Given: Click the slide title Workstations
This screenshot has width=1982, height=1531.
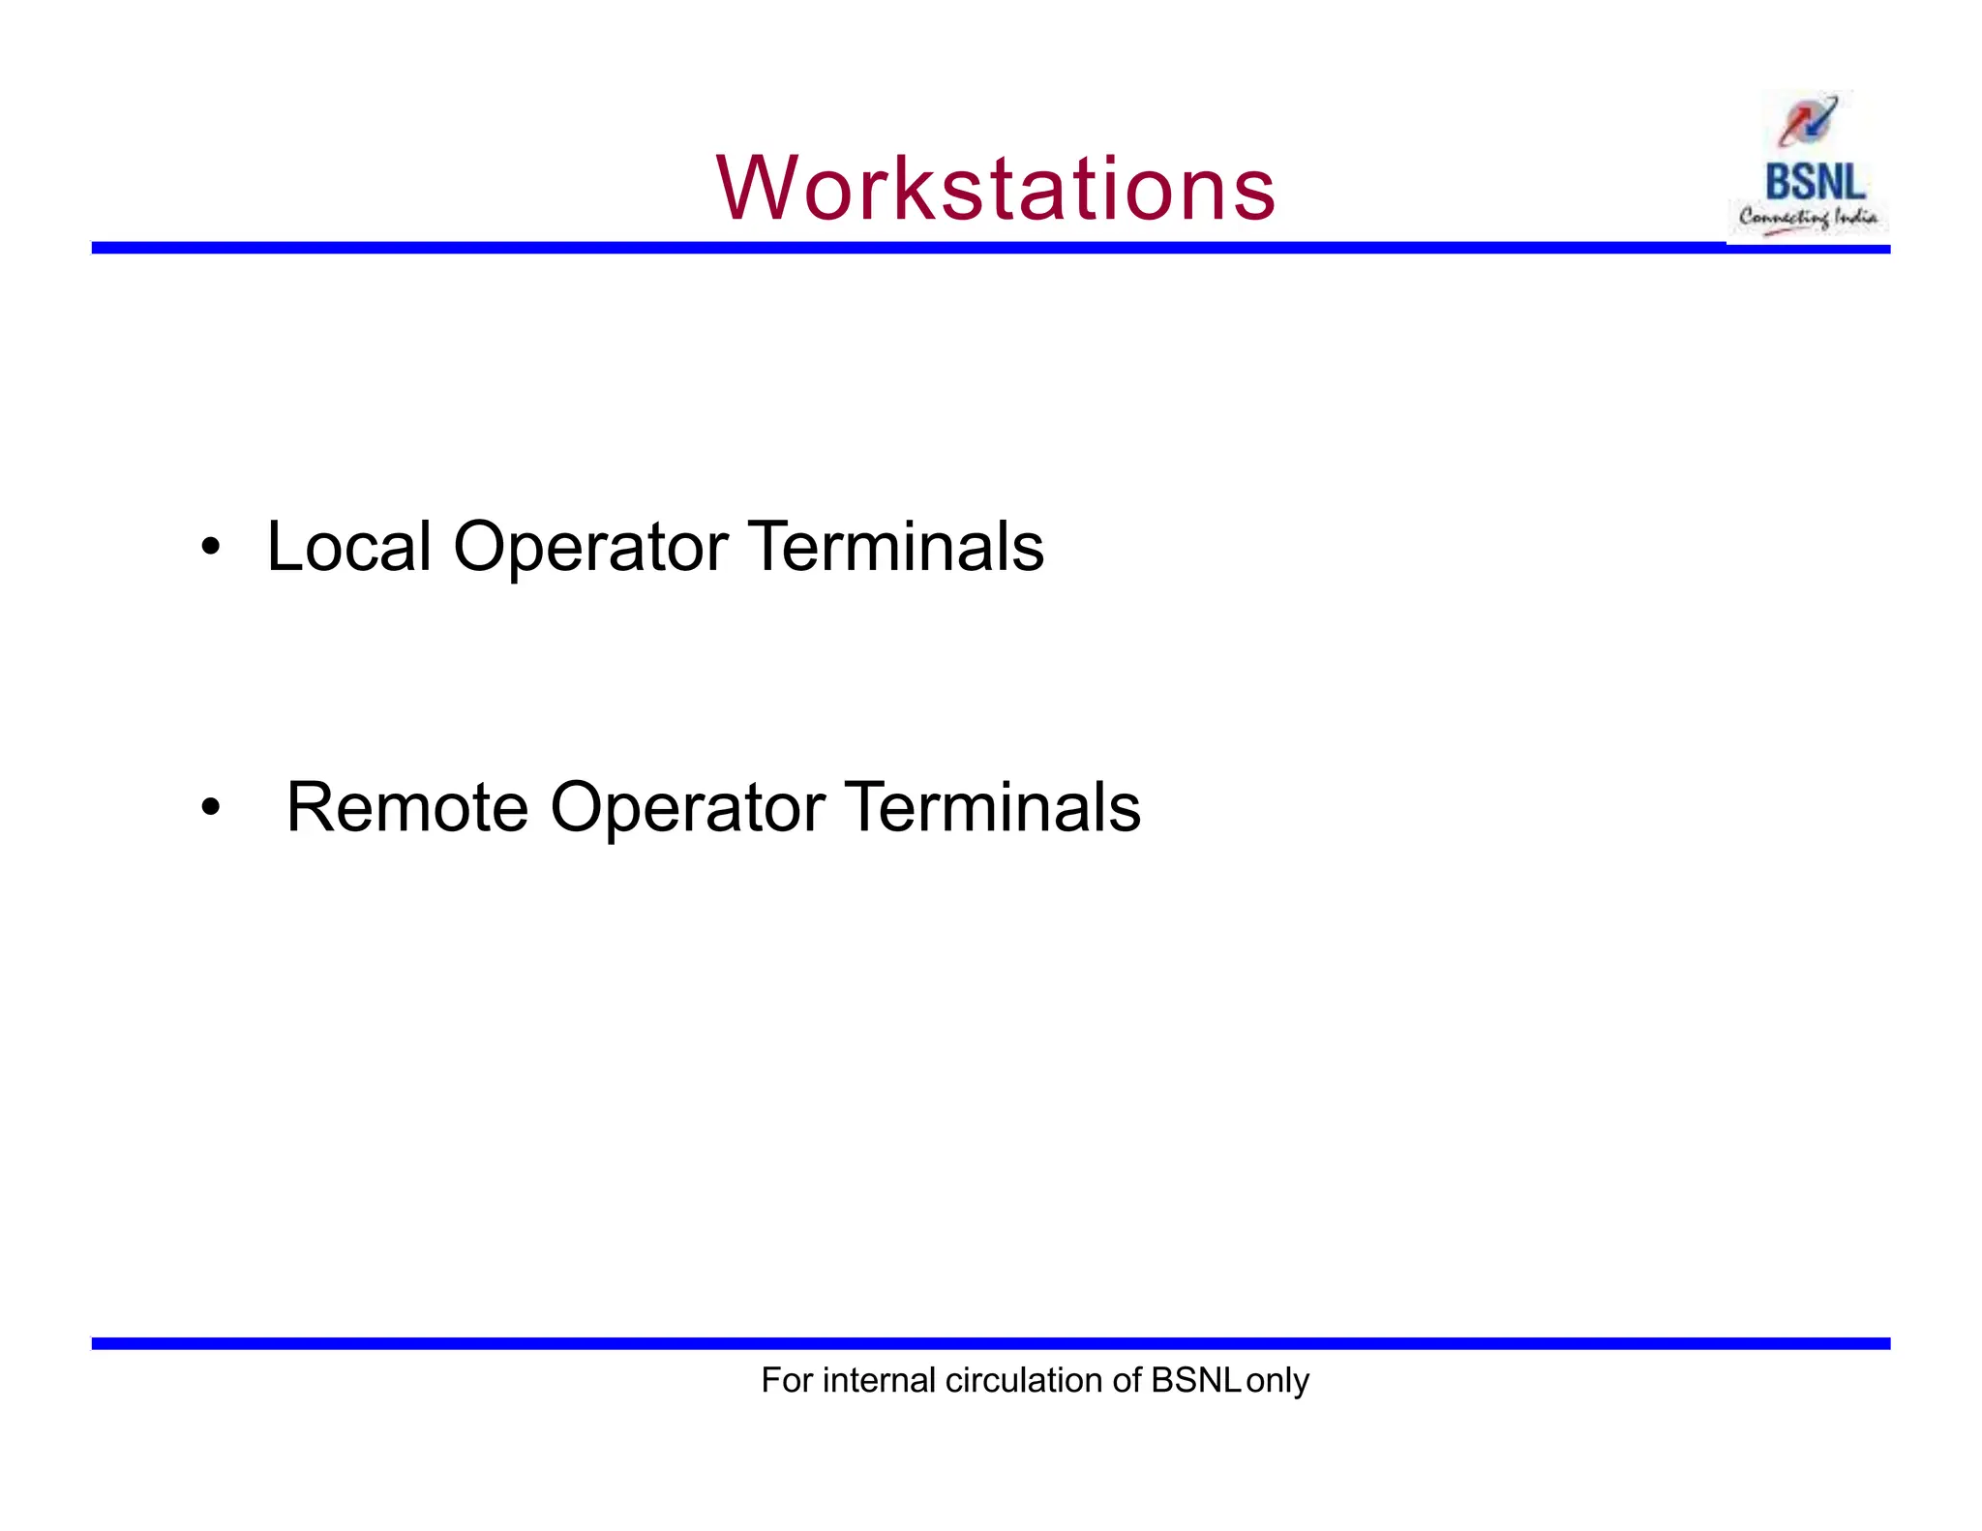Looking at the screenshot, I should pos(996,188).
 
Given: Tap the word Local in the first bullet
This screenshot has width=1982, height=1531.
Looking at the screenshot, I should pos(348,547).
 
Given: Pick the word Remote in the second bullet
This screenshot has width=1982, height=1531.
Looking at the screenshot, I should pos(407,807).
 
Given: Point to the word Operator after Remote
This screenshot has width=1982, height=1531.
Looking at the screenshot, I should pos(687,809).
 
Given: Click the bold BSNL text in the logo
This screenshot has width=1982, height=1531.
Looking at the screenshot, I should pos(1815,182).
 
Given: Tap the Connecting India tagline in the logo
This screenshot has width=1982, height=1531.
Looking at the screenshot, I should pos(1808,218).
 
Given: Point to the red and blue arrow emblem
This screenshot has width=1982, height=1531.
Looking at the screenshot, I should pos(1807,122).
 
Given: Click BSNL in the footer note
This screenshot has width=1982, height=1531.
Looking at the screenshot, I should pos(1195,1380).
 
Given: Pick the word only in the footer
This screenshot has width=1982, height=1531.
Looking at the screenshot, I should pos(1277,1381).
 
